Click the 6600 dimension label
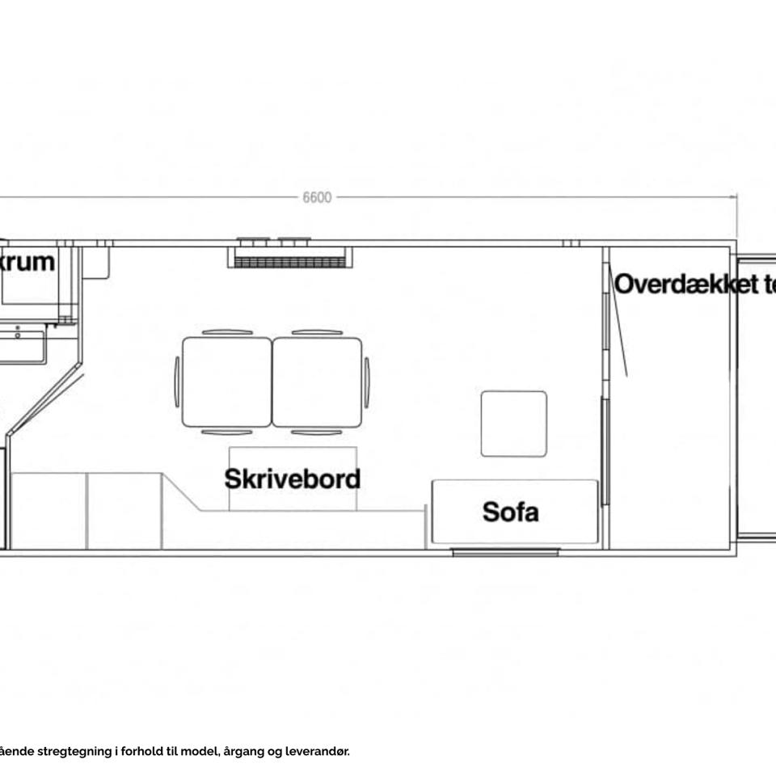pyautogui.click(x=317, y=198)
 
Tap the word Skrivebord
pyautogui.click(x=292, y=479)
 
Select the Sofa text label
pyautogui.click(x=510, y=512)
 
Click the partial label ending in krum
pyautogui.click(x=28, y=262)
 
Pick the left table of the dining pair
pyautogui.click(x=227, y=382)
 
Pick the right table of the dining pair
pyautogui.click(x=317, y=382)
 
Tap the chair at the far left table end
pyautogui.click(x=177, y=382)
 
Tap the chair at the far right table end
pyautogui.click(x=367, y=382)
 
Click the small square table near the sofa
pyautogui.click(x=513, y=424)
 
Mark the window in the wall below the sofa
pyautogui.click(x=505, y=552)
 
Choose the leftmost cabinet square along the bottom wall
pyautogui.click(x=49, y=511)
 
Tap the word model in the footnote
pyautogui.click(x=200, y=752)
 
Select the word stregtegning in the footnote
pyautogui.click(x=74, y=752)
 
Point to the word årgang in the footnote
pyautogui.click(x=247, y=752)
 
